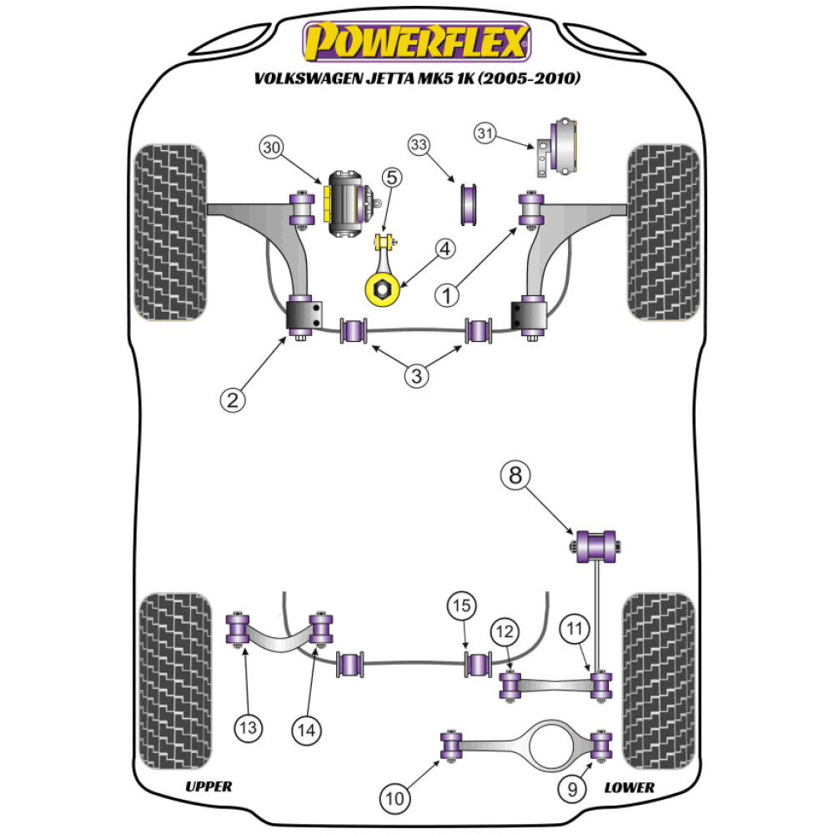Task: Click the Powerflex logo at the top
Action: (416, 41)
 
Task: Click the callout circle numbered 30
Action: (269, 148)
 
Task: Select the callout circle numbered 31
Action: (486, 132)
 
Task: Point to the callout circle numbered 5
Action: (392, 177)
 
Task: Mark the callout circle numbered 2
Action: (233, 399)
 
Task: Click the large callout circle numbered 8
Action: (515, 476)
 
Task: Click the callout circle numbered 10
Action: (396, 798)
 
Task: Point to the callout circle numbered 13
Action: (248, 728)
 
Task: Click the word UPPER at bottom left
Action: (208, 786)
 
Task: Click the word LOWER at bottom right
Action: (630, 786)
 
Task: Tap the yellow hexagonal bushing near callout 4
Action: (379, 289)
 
